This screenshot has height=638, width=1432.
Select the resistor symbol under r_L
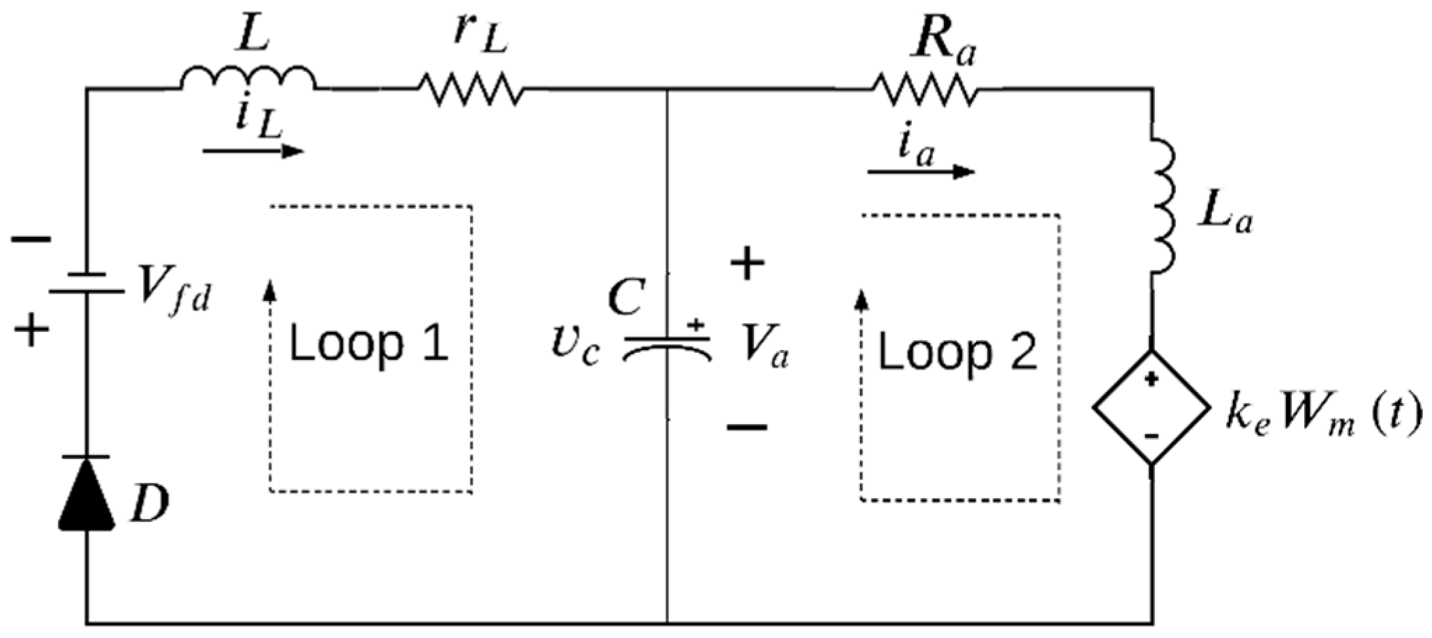[x=470, y=89]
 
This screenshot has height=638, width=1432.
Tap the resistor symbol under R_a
[x=924, y=89]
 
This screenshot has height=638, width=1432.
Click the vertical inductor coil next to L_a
[x=1162, y=210]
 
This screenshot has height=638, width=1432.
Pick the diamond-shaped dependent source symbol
[x=1151, y=407]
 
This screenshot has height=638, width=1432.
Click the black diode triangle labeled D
[x=87, y=493]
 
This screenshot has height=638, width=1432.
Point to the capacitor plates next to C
[x=667, y=347]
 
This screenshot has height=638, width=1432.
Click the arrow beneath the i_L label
[x=253, y=151]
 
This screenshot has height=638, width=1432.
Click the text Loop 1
[x=369, y=345]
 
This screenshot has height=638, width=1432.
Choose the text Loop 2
[x=957, y=353]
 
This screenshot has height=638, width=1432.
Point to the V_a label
[x=765, y=348]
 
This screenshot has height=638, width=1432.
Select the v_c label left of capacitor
[x=574, y=348]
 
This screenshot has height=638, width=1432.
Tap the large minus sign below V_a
[x=747, y=426]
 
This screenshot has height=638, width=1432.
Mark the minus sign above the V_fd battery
[x=31, y=240]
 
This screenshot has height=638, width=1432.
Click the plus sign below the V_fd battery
[x=31, y=330]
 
